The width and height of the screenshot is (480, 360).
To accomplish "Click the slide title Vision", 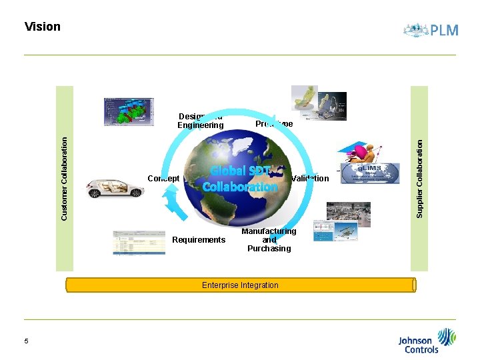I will tap(42, 27).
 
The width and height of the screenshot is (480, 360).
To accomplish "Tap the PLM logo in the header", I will tap(431, 30).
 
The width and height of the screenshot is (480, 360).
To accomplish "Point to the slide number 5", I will tap(26, 341).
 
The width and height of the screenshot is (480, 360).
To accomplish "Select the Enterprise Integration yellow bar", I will tap(240, 285).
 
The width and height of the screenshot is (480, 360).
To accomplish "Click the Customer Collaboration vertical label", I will tap(65, 178).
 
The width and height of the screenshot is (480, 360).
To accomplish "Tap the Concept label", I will tap(163, 178).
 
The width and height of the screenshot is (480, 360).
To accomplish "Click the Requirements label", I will tap(199, 240).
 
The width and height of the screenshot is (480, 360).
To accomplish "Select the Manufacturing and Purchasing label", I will tap(269, 240).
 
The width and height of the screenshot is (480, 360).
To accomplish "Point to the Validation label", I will tap(310, 179).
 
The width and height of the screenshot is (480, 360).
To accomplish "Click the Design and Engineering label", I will tap(200, 121).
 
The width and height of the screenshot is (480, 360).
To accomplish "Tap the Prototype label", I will tap(273, 124).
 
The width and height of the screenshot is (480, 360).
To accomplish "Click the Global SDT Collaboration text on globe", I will tap(240, 179).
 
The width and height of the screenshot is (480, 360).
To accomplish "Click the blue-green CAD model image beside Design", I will tap(129, 111).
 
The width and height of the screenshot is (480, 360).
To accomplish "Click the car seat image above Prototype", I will tap(306, 102).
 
